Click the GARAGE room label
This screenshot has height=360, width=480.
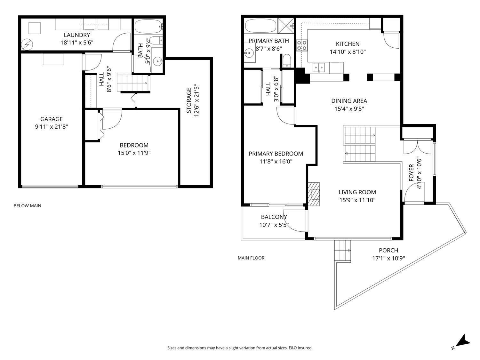pyautogui.click(x=51, y=119)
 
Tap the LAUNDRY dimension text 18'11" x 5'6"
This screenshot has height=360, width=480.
pyautogui.click(x=77, y=42)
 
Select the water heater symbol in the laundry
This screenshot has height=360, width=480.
pyautogui.click(x=27, y=44)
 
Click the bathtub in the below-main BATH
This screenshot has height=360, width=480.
pyautogui.click(x=148, y=27)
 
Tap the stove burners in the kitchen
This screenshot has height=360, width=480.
pyautogui.click(x=302, y=45)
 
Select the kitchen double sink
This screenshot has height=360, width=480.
pyautogui.click(x=319, y=67)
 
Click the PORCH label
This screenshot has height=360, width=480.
pyautogui.click(x=388, y=250)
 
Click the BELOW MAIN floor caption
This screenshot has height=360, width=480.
pyautogui.click(x=27, y=206)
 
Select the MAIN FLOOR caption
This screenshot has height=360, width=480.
pyautogui.click(x=251, y=258)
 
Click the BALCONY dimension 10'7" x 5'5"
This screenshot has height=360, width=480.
pyautogui.click(x=274, y=225)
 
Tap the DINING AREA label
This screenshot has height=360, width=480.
pyautogui.click(x=349, y=101)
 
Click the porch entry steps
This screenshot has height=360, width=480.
pyautogui.click(x=343, y=251)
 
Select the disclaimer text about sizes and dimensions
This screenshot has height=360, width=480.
pyautogui.click(x=240, y=348)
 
